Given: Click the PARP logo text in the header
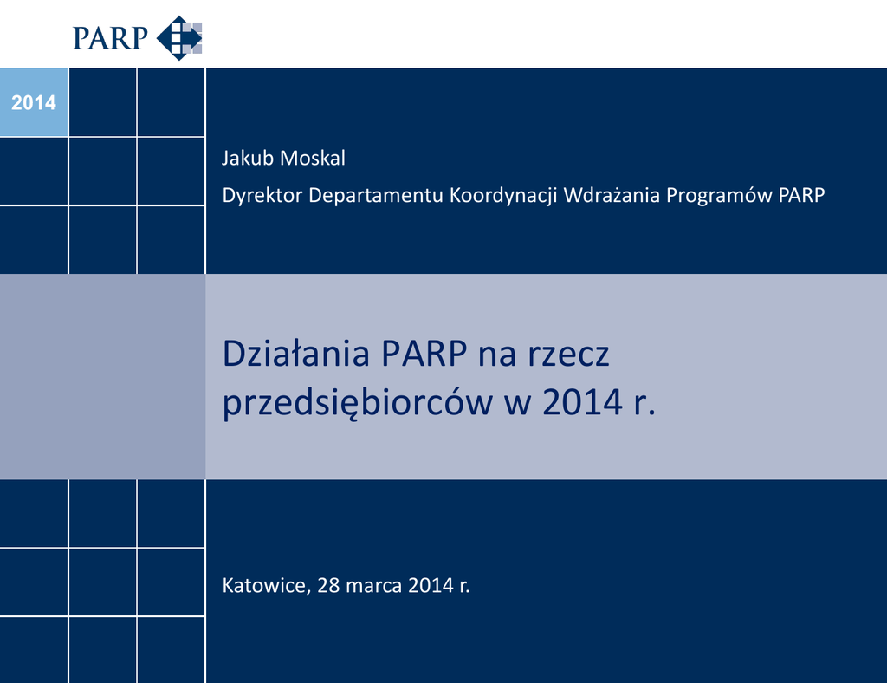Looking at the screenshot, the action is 110,38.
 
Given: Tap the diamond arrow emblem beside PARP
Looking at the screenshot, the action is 179,38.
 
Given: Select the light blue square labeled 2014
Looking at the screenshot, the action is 34,102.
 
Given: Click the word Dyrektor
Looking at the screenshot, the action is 262,195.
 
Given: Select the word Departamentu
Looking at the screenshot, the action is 376,196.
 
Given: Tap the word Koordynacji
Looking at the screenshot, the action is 503,196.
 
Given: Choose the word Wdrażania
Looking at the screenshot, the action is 612,195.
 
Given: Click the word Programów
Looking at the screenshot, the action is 719,196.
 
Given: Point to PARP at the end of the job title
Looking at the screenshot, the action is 801,195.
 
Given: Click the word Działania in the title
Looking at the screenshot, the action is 296,353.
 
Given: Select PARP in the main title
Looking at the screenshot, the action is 424,354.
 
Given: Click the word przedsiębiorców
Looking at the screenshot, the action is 357,403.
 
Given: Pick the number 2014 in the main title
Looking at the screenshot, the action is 583,403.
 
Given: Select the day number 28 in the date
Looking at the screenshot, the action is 328,586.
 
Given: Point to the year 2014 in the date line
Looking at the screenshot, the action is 431,586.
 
